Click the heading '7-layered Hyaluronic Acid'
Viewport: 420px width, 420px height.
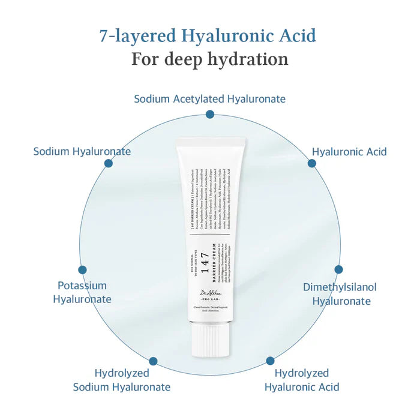coord(208,35)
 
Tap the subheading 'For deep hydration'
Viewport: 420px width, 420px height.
coord(209,59)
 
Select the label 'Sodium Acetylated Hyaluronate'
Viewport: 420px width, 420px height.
coord(209,98)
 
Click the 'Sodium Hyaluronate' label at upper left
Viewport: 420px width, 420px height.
coord(82,151)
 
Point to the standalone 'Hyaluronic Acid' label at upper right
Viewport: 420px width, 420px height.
coord(349,152)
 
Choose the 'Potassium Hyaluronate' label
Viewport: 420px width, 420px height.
coord(82,292)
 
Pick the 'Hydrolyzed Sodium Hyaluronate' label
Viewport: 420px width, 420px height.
coord(122,380)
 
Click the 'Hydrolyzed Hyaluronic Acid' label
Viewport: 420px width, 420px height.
coord(302,380)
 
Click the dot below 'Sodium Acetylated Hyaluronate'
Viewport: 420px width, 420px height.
coord(209,114)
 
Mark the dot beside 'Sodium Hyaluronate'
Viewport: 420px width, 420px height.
coord(109,163)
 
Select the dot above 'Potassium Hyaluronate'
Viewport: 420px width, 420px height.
coord(82,270)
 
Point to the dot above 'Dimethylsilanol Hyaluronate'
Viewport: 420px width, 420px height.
coord(338,270)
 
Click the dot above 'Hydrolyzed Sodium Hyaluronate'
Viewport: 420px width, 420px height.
coord(153,362)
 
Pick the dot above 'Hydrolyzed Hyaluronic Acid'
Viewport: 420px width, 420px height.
coord(271,362)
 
